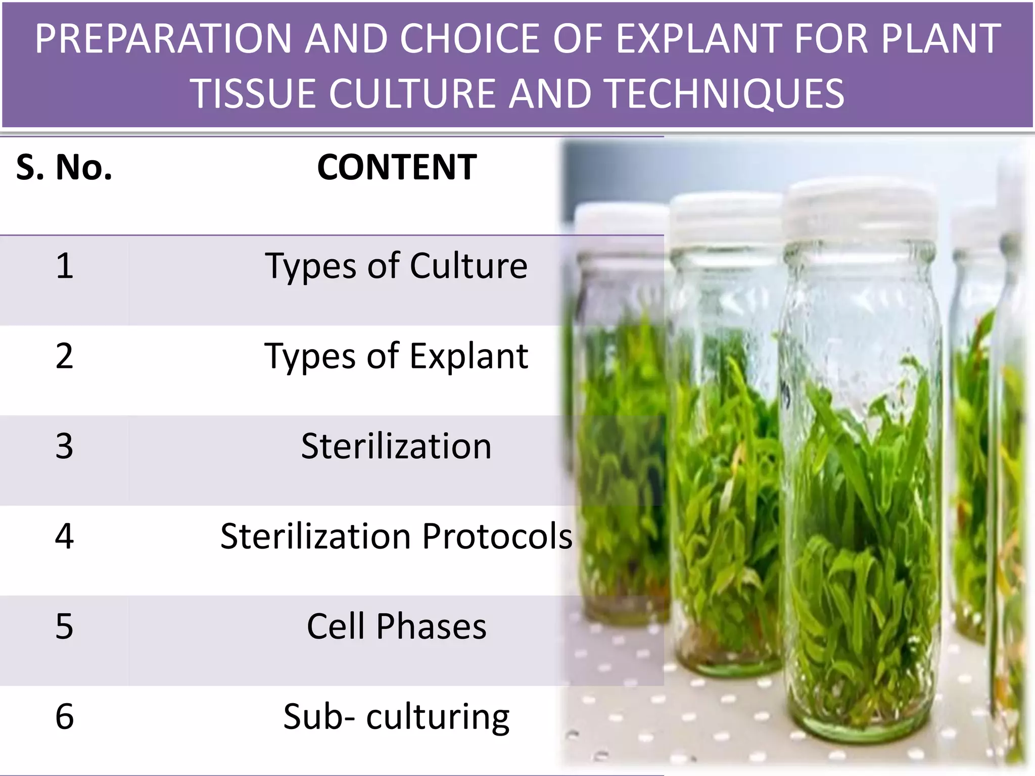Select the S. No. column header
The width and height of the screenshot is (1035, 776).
(x=64, y=167)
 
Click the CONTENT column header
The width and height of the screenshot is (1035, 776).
(x=396, y=167)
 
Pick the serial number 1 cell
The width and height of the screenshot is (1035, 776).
(x=64, y=266)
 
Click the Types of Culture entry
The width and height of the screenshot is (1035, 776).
(x=396, y=266)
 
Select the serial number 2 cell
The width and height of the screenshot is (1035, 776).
(x=64, y=356)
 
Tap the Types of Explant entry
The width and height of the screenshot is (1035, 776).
(x=396, y=356)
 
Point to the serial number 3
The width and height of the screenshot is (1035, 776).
(x=64, y=446)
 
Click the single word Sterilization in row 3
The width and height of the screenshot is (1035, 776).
(x=396, y=446)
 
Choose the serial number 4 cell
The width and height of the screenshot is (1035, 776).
(x=64, y=536)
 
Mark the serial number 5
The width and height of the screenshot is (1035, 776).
(x=64, y=626)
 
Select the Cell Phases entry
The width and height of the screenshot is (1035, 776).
(x=396, y=626)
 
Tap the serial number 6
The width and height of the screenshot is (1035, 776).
(x=64, y=716)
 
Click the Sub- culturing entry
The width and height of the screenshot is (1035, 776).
(x=396, y=716)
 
